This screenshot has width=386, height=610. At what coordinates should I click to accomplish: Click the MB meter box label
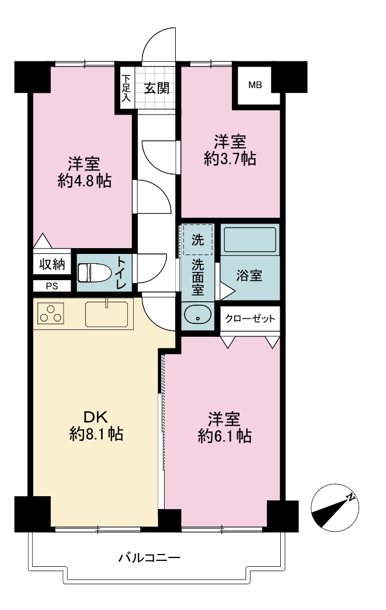pyautogui.click(x=255, y=85)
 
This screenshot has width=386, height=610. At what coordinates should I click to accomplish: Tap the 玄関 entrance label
pyautogui.click(x=157, y=88)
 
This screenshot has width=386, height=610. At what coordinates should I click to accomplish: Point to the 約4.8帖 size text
pyautogui.click(x=85, y=181)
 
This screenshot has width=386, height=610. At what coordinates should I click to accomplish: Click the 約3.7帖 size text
pyautogui.click(x=230, y=159)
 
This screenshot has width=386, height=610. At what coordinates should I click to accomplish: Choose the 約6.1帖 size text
pyautogui.click(x=224, y=436)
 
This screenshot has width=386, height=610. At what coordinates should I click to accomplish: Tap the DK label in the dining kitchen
pyautogui.click(x=96, y=417)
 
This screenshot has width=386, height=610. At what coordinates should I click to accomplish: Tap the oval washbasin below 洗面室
pyautogui.click(x=197, y=314)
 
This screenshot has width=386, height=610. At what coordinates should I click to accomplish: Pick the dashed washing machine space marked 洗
pyautogui.click(x=198, y=240)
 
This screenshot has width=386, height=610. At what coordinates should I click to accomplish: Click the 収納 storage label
pyautogui.click(x=52, y=264)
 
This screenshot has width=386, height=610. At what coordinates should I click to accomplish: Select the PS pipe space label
pyautogui.click(x=52, y=287)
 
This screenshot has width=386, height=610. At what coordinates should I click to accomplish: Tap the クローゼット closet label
pyautogui.click(x=250, y=319)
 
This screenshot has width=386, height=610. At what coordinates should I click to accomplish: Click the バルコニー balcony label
pyautogui.click(x=149, y=558)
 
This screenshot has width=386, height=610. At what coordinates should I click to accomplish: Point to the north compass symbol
pyautogui.click(x=335, y=507)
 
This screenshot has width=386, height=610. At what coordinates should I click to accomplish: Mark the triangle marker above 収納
pyautogui.click(x=43, y=241)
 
